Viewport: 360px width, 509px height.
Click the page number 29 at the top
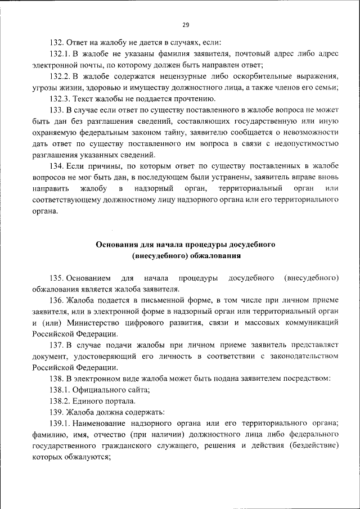click(x=186, y=24)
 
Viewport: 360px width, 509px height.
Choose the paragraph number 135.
click(x=56, y=278)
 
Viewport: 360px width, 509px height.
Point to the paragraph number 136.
click(x=56, y=301)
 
